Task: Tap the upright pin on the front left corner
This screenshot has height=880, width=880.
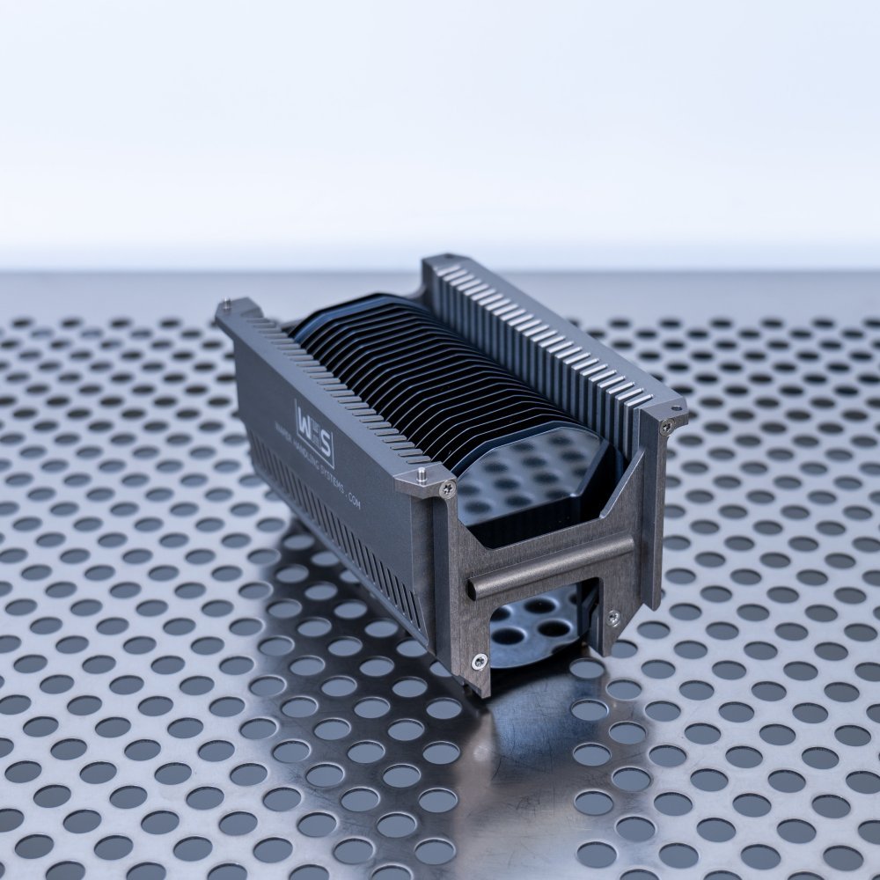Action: point(423,473)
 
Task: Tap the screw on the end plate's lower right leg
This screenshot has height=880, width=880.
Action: point(613,616)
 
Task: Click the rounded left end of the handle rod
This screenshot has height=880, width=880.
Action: point(472,585)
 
